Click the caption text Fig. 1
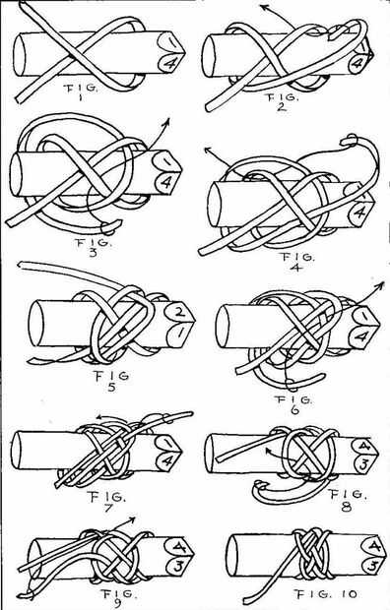pos(80,91)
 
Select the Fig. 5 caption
pos(111,381)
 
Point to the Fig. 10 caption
pos(326,594)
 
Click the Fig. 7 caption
pos(105,502)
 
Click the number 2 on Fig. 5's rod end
pos(179,311)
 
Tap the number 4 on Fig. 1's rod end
pos(169,64)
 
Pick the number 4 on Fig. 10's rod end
pos(374,547)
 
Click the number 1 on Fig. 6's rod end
pos(363,315)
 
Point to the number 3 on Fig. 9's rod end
pos(177,565)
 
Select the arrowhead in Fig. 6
pos(380,285)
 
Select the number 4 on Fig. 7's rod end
pos(168,461)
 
